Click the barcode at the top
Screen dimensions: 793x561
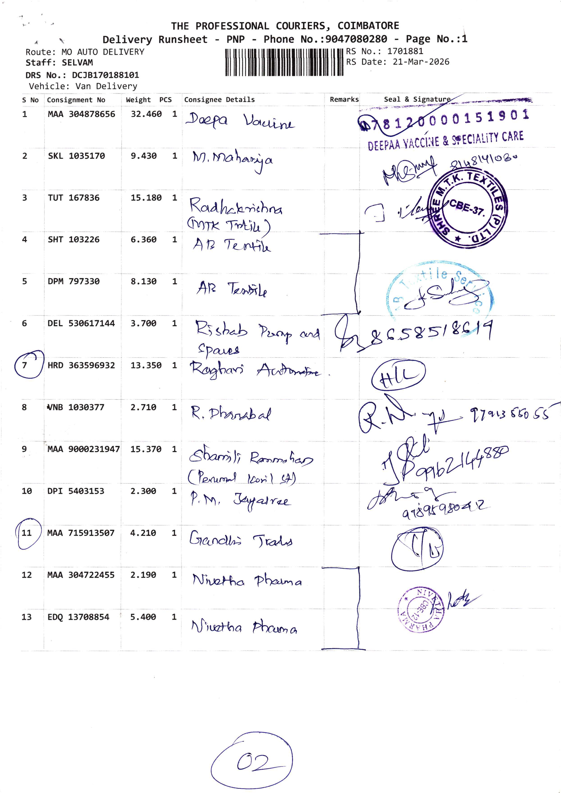284,62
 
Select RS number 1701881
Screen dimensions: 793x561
405,51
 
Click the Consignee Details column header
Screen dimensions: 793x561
219,100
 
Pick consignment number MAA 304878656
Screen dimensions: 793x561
81,114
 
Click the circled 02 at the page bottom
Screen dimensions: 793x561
252,761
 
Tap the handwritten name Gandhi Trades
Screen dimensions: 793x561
241,539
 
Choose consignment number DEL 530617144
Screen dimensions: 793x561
81,323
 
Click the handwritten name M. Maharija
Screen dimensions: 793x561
232,160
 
